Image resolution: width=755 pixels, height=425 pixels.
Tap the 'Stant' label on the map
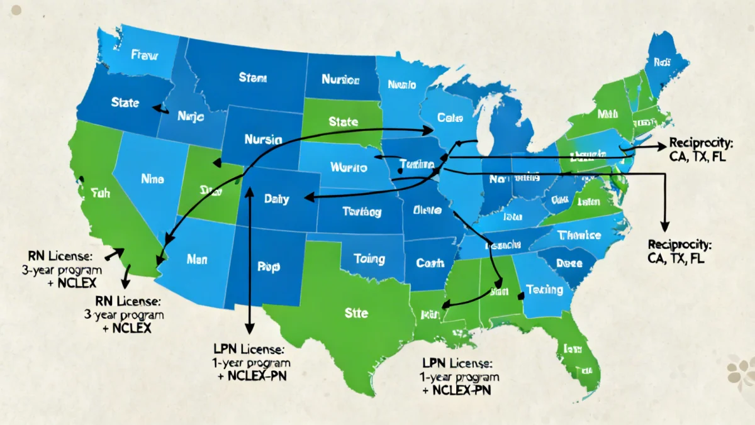pyautogui.click(x=252, y=79)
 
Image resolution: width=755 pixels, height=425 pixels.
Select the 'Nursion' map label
pyautogui.click(x=340, y=80)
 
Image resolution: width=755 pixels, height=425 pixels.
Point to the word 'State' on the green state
pyautogui.click(x=343, y=121)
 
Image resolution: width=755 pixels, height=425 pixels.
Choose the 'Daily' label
pyautogui.click(x=277, y=199)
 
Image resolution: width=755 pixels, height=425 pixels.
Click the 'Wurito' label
pyautogui.click(x=347, y=168)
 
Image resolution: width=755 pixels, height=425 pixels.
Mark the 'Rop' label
pyautogui.click(x=269, y=265)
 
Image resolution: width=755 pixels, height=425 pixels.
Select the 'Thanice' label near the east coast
pyautogui.click(x=579, y=235)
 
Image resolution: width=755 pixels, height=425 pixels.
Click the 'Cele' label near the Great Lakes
pyautogui.click(x=450, y=117)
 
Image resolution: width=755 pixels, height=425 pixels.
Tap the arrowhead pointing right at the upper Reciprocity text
pyautogui.click(x=661, y=145)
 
